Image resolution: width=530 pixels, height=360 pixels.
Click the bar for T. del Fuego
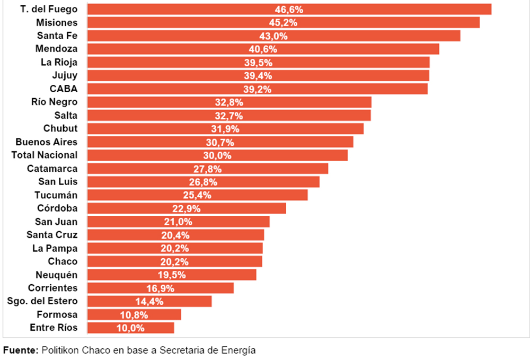pos(289,10)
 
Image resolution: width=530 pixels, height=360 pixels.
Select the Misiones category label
pos(57,23)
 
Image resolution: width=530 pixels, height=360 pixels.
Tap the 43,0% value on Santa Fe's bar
pos(273,36)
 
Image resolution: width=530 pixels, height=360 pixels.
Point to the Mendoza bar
pos(263,49)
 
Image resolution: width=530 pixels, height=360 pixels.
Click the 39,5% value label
pos(258,63)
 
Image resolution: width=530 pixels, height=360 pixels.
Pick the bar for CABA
pos(257,89)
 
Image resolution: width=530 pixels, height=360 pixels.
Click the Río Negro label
pos(54,102)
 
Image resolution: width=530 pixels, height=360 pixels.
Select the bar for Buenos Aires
pos(220,142)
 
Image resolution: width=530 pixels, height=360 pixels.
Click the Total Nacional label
pos(45,155)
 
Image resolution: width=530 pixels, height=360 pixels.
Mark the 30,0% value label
pos(217,155)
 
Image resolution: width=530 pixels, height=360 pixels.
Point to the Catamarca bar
pos(207,169)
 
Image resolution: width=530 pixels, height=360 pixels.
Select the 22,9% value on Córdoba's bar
pos(187,208)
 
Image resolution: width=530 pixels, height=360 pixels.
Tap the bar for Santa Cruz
pos(175,235)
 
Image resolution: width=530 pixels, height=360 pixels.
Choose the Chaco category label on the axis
pos(63,261)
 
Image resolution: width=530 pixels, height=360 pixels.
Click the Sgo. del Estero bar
pos(149,301)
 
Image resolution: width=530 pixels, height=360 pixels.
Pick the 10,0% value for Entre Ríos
pos(130,328)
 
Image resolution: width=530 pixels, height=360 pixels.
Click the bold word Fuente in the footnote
pos(20,350)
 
